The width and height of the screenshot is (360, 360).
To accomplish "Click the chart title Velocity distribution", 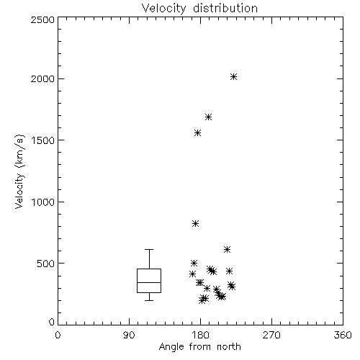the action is [199, 8].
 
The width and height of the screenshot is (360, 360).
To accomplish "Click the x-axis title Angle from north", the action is [199, 347].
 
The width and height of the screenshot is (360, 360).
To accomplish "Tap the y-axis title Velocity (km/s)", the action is [19, 171].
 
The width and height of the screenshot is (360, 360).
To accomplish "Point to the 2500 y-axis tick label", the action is [42, 19].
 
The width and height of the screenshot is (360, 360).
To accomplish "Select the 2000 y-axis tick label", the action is [42, 78].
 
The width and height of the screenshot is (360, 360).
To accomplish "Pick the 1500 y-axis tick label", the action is [43, 140].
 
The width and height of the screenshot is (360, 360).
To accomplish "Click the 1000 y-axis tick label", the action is [43, 202].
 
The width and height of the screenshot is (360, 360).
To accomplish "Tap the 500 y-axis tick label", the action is [46, 264].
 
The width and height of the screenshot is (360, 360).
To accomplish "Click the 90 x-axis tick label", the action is [129, 335].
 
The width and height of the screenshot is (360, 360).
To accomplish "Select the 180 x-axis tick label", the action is [200, 335].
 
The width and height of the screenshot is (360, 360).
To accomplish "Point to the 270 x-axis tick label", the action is [271, 335].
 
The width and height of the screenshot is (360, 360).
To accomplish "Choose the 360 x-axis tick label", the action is [343, 335].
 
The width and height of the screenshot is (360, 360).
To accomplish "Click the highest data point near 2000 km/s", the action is [233, 77].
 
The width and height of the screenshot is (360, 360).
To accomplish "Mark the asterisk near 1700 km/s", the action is [208, 117].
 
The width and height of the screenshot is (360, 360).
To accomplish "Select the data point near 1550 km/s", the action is [197, 133].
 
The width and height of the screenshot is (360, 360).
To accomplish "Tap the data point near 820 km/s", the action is [195, 224].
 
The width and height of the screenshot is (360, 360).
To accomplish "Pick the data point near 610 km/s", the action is [227, 250].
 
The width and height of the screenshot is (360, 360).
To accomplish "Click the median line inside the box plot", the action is [149, 282].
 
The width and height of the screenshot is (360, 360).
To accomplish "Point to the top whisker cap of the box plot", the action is [149, 250].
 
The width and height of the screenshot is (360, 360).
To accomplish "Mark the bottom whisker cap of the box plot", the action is [149, 300].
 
